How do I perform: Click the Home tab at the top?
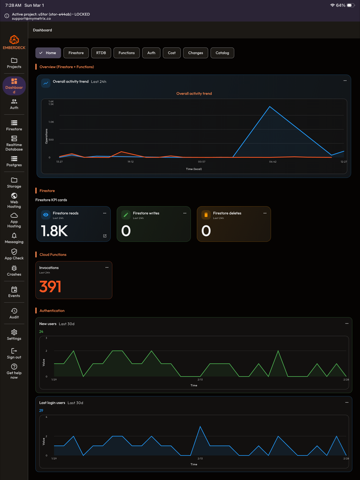click(x=48, y=53)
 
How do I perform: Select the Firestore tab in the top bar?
click(x=76, y=53)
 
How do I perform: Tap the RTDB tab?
click(x=101, y=53)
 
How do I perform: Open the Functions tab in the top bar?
click(x=126, y=53)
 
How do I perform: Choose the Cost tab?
click(x=172, y=53)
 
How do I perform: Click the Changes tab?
click(x=195, y=53)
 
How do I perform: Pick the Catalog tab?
click(x=222, y=53)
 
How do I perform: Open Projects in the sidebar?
click(x=14, y=63)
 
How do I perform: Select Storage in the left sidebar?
click(x=14, y=182)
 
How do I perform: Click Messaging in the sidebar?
click(x=14, y=238)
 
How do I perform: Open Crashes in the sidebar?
click(x=14, y=271)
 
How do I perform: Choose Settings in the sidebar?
click(x=14, y=335)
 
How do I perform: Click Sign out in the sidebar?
click(x=14, y=354)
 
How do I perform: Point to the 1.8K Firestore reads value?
click(x=54, y=231)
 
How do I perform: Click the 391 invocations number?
click(x=50, y=287)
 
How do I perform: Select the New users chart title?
click(x=47, y=324)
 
